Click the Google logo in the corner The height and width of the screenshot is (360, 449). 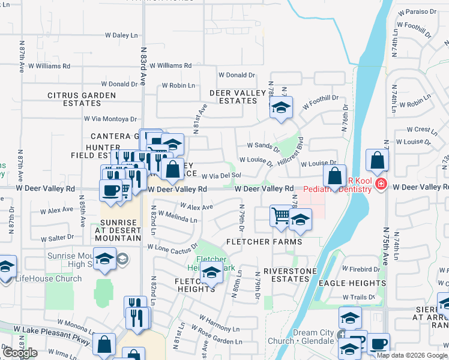point(20,353)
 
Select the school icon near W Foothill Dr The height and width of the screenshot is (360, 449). point(280,108)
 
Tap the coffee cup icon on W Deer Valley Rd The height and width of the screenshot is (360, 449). point(111,190)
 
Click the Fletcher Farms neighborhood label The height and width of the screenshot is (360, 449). point(264,242)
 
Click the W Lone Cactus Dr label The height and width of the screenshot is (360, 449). point(172,247)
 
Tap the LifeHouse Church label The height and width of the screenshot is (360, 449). point(48,278)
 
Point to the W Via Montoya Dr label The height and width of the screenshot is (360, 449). point(110,119)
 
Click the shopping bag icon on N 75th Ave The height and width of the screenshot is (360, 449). point(376,160)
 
